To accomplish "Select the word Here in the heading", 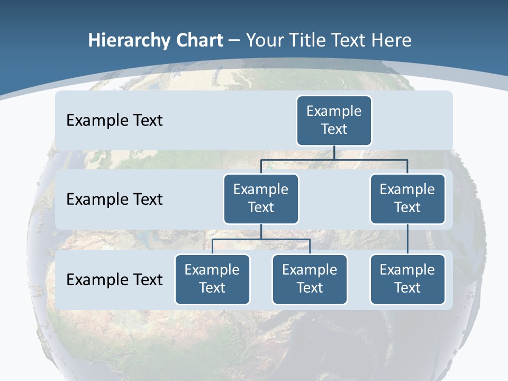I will click(391, 40).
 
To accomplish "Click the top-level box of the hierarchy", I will click(334, 121).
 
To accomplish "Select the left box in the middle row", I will click(261, 199).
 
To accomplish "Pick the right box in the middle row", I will click(407, 199).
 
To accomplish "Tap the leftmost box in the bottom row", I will click(212, 279).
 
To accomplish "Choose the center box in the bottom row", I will click(310, 279).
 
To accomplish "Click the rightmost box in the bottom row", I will click(407, 279).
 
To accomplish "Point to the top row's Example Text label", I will click(114, 121).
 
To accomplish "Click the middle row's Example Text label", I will click(114, 199).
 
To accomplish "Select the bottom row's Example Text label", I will click(114, 279).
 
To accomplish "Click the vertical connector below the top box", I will click(334, 152).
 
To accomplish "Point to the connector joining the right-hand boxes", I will click(407, 239).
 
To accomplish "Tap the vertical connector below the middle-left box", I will click(261, 232).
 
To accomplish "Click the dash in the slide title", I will click(234, 41).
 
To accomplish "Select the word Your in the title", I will click(264, 40).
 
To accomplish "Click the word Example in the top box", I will click(334, 111).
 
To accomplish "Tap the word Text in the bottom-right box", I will click(407, 288).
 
